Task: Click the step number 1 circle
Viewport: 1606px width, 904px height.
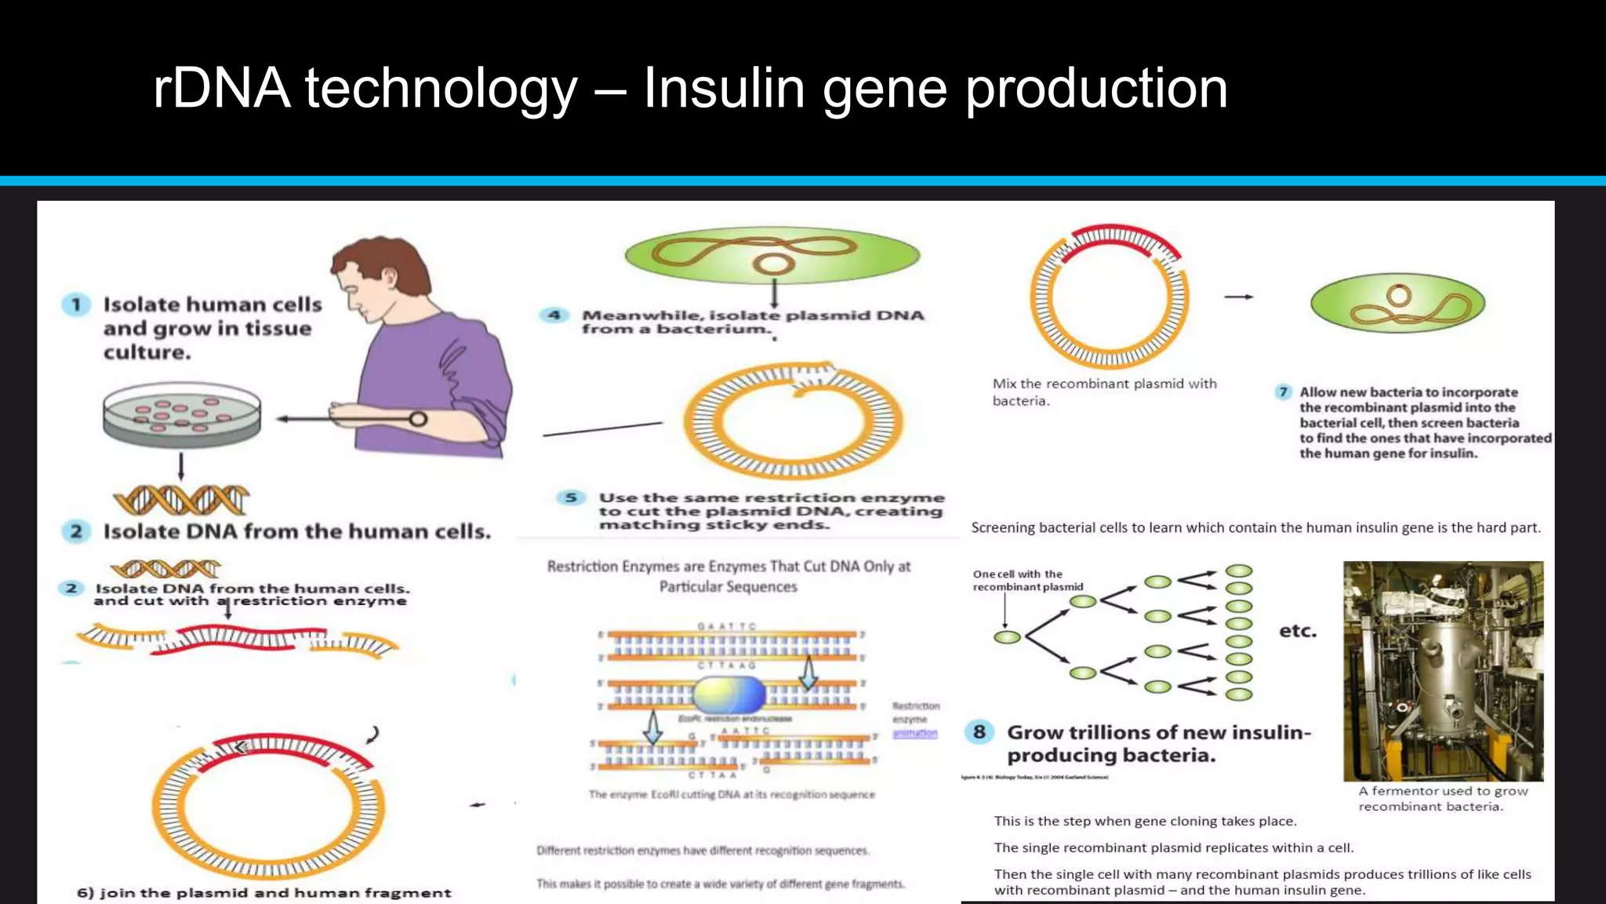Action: point(76,304)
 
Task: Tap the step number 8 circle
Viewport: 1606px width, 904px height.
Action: point(979,732)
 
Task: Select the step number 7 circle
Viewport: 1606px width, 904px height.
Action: point(1283,392)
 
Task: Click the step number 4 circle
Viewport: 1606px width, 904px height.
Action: point(554,315)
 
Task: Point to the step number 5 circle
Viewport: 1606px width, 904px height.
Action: point(571,498)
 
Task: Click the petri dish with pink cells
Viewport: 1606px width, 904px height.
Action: point(181,414)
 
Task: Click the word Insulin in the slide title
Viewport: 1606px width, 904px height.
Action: point(723,88)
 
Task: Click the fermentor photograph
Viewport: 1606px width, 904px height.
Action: point(1443,670)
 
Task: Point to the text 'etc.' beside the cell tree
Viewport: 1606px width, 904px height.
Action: point(1298,631)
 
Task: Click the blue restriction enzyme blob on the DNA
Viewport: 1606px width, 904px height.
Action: point(729,694)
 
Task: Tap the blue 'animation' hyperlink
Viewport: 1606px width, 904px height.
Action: point(914,733)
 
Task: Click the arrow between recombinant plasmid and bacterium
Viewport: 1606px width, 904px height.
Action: point(1239,297)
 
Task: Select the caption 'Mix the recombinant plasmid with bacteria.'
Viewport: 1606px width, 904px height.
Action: point(1103,392)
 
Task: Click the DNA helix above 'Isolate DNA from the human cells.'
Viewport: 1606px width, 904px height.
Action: point(181,499)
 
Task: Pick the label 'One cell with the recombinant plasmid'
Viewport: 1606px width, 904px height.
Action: point(1027,581)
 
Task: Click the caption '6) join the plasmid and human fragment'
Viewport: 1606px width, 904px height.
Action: point(263,893)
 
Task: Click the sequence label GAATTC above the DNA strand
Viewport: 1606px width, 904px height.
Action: point(727,626)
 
